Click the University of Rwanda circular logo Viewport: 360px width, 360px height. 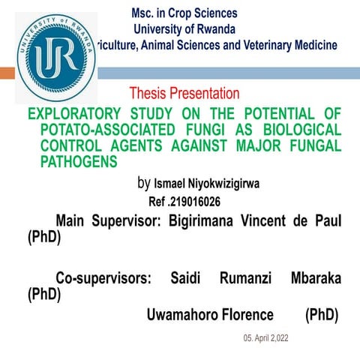pyautogui.click(x=55, y=56)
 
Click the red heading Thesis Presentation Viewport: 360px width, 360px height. pyautogui.click(x=184, y=94)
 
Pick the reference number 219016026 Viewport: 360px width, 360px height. pyautogui.click(x=194, y=202)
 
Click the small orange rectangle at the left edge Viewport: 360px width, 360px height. pyautogui.click(x=7, y=73)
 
